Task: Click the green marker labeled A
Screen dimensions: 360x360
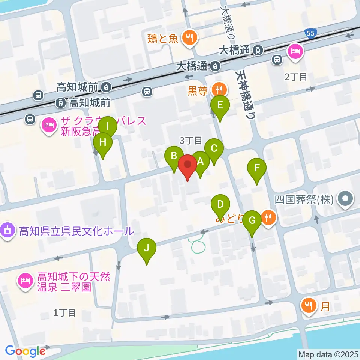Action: click(200, 162)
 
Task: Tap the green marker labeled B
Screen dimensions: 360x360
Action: click(174, 156)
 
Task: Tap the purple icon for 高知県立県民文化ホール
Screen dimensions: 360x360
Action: click(8, 229)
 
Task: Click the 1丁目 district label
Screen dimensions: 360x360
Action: click(64, 312)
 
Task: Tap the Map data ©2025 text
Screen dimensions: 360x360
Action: click(328, 354)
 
